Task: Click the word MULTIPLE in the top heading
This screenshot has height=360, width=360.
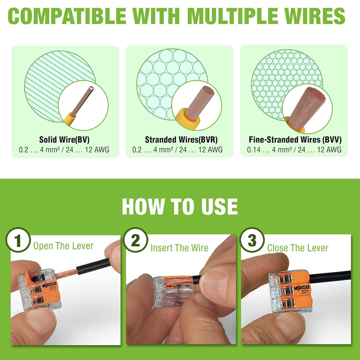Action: (x=234, y=16)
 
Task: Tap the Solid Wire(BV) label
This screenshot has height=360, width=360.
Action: (x=64, y=139)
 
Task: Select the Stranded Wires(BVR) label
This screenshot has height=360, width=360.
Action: (x=181, y=139)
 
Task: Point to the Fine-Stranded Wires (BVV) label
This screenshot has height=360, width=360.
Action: (x=295, y=139)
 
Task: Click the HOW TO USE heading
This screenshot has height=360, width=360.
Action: (x=180, y=207)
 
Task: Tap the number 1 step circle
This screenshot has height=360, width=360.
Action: (x=18, y=240)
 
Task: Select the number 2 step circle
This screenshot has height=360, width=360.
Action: (x=135, y=240)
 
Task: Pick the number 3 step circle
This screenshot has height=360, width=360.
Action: (x=252, y=240)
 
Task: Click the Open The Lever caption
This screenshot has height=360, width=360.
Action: (x=63, y=246)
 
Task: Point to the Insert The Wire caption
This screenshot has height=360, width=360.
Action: (x=179, y=248)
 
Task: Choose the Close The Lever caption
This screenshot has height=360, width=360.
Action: (x=298, y=248)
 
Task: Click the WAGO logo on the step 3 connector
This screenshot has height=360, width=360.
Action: (x=301, y=288)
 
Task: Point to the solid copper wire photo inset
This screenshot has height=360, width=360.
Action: (x=83, y=106)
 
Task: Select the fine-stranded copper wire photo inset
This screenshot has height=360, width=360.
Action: (x=307, y=108)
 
